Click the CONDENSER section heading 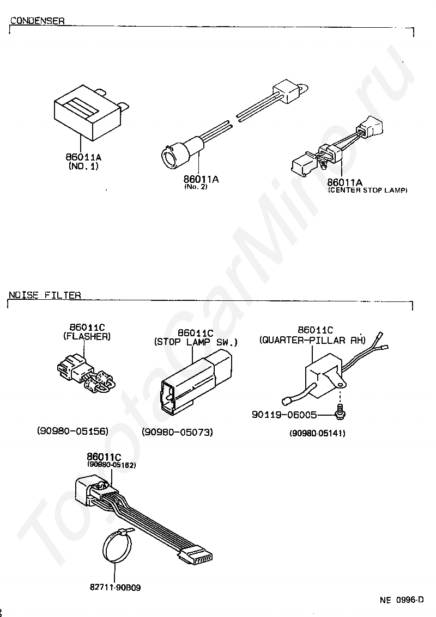pyautogui.click(x=38, y=21)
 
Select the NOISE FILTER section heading pyautogui.click(x=45, y=295)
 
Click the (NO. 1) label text pyautogui.click(x=83, y=166)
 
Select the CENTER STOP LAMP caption pyautogui.click(x=368, y=190)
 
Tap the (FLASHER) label pyautogui.click(x=87, y=337)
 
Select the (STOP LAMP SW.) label pyautogui.click(x=196, y=342)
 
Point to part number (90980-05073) pyautogui.click(x=177, y=432)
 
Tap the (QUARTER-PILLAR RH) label pyautogui.click(x=312, y=340)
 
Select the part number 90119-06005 pyautogui.click(x=284, y=415)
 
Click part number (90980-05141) pyautogui.click(x=317, y=434)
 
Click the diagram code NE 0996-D pyautogui.click(x=402, y=600)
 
